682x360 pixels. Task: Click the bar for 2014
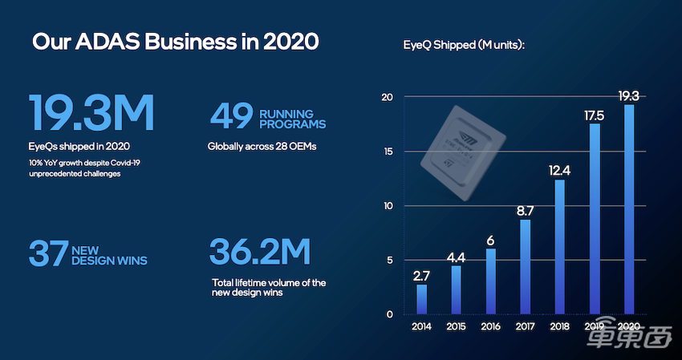tap(422, 299)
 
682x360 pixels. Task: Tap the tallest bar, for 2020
tap(630, 209)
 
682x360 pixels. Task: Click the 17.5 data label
tap(595, 114)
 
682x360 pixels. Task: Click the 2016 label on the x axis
tap(491, 326)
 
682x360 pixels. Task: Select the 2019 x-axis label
tap(595, 326)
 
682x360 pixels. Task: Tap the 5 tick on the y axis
tap(390, 260)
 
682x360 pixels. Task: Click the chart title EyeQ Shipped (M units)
tap(465, 45)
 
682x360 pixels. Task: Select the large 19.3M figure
tap(91, 113)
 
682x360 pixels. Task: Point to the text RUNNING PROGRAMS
tap(292, 119)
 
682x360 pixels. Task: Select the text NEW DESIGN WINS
tap(109, 254)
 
